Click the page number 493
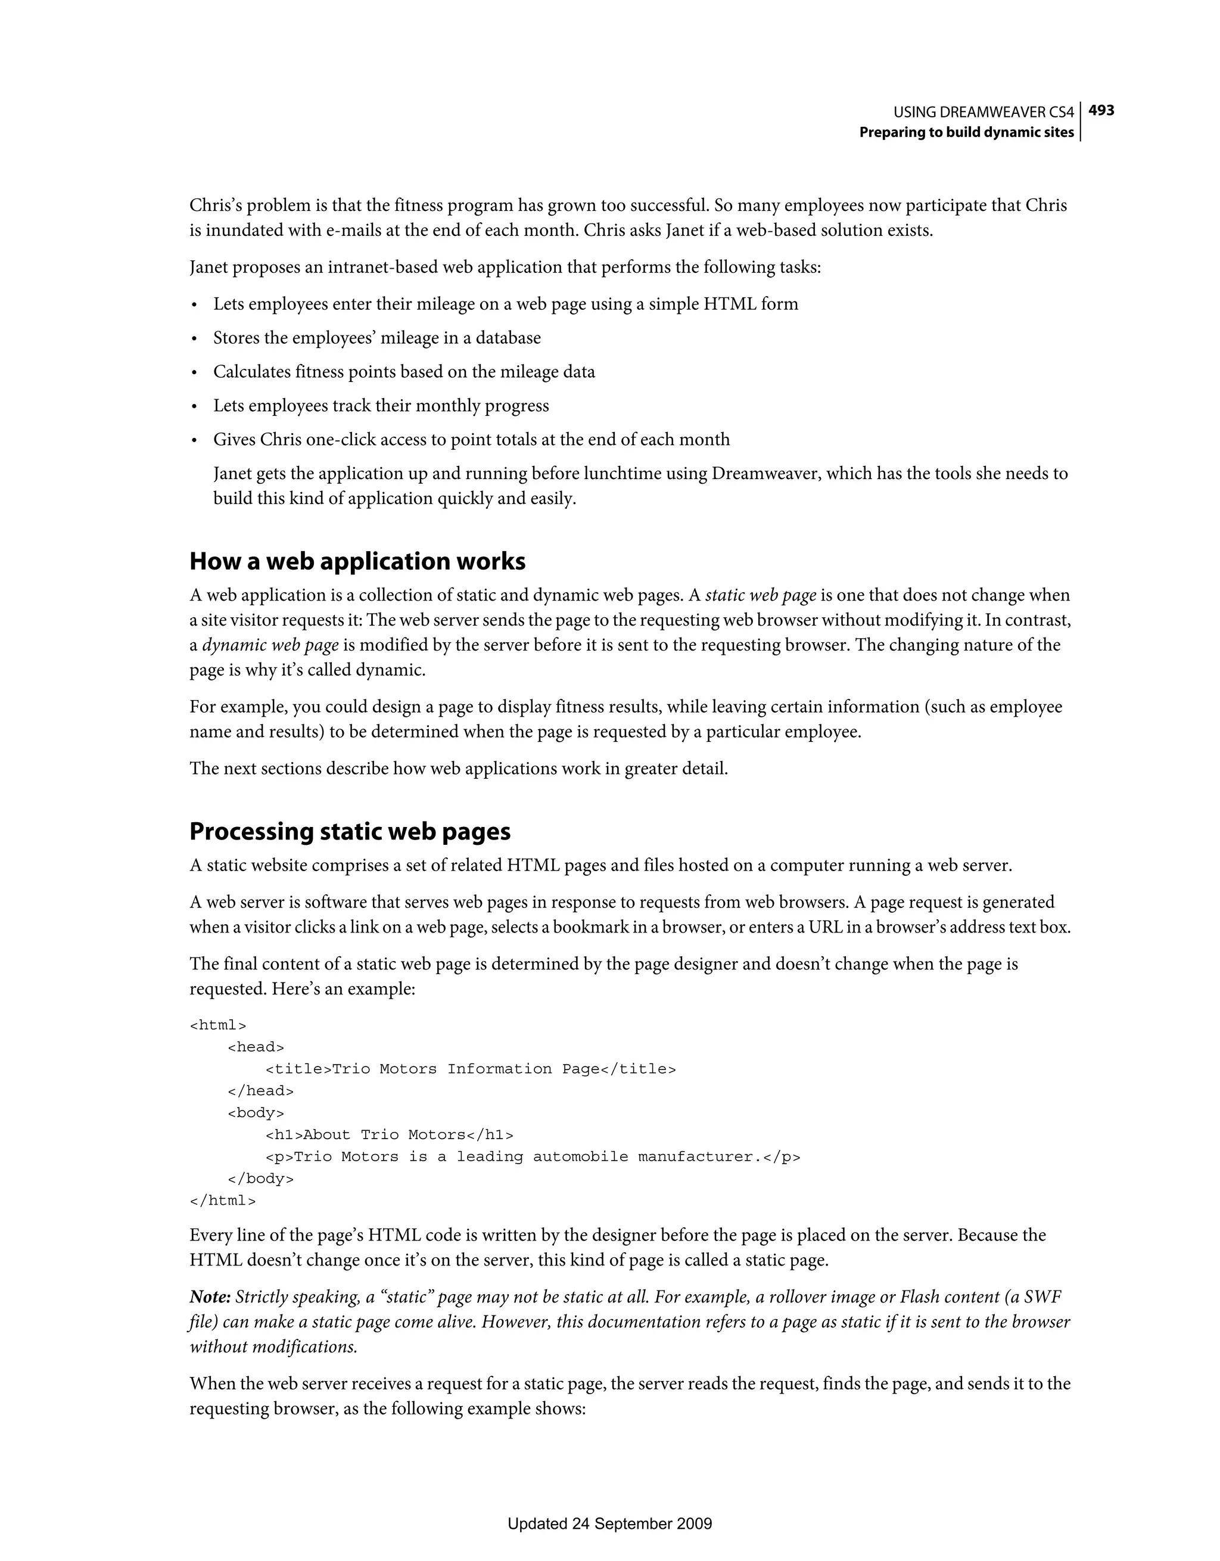tap(1101, 111)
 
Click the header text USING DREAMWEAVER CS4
tap(984, 112)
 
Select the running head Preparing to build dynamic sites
tap(966, 132)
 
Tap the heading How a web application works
tap(357, 561)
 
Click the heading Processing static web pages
tap(350, 831)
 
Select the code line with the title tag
tap(470, 1069)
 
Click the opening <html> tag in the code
tap(217, 1025)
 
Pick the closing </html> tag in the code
tap(222, 1201)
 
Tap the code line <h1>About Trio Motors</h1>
tap(389, 1135)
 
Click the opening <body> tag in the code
tap(255, 1113)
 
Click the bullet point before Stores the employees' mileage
tap(194, 339)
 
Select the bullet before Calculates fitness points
tap(194, 373)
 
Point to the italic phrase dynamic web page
tap(270, 645)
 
